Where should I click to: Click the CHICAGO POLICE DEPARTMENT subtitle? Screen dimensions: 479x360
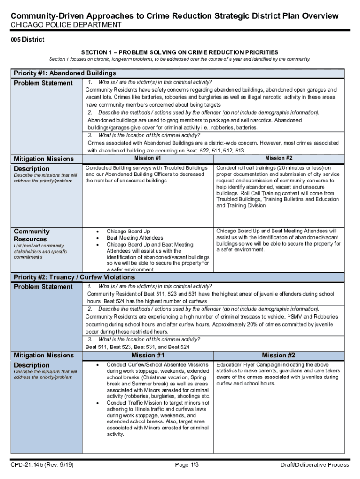(66, 25)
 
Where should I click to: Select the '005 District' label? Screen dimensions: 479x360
(28, 39)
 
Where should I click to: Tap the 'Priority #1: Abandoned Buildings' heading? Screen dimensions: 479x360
(65, 73)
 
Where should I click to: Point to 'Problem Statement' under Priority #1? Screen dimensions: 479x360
(43, 83)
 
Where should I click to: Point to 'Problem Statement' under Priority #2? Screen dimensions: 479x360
(43, 287)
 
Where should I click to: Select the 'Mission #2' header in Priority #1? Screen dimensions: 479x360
(279, 158)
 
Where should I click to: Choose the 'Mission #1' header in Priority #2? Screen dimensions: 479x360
(147, 356)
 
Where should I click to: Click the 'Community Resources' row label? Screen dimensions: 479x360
(31, 235)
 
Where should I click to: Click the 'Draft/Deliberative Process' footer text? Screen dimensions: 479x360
(314, 464)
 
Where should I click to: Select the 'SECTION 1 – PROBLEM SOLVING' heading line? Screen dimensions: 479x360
(180, 52)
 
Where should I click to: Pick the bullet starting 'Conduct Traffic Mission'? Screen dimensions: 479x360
(158, 403)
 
